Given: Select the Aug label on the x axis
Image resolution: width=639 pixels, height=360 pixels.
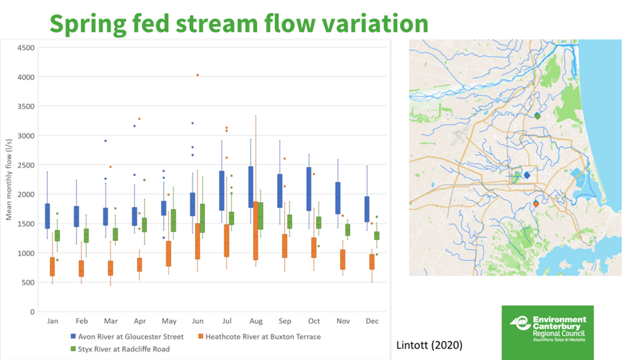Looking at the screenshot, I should pyautogui.click(x=257, y=321).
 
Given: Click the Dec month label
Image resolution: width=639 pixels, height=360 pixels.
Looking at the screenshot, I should pyautogui.click(x=371, y=321).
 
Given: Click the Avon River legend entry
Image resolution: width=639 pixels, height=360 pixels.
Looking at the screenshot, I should pyautogui.click(x=127, y=336).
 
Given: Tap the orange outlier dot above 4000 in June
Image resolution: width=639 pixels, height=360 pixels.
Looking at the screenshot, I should pyautogui.click(x=197, y=75).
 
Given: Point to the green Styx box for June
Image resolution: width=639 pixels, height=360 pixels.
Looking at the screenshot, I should pyautogui.click(x=202, y=218).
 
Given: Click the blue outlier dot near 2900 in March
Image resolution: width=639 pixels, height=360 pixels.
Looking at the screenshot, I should pyautogui.click(x=106, y=141).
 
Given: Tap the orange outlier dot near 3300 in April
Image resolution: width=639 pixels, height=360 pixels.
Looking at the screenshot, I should pyautogui.click(x=139, y=119).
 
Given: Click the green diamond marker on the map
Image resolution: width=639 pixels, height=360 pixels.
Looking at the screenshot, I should pyautogui.click(x=538, y=116).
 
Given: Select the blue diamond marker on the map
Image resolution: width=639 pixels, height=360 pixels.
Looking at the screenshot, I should pyautogui.click(x=527, y=175).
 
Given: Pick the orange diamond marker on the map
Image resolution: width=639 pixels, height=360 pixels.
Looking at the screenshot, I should pyautogui.click(x=536, y=204).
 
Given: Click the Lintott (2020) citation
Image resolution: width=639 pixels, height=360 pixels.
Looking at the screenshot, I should pyautogui.click(x=429, y=345).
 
